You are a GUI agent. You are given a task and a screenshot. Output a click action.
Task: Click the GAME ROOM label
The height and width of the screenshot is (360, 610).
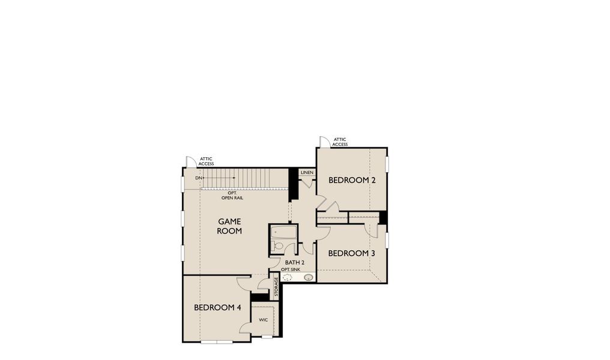[229, 226]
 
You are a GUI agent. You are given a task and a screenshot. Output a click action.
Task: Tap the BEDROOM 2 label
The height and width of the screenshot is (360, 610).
[352, 180]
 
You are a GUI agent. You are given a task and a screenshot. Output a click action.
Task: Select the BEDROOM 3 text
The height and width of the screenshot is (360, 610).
[351, 253]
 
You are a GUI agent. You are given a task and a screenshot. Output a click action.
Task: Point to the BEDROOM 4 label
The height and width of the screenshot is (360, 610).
[217, 307]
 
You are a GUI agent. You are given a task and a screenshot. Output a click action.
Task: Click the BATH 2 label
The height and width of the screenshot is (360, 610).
[295, 263]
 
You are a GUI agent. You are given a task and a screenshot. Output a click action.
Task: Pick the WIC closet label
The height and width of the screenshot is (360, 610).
[263, 320]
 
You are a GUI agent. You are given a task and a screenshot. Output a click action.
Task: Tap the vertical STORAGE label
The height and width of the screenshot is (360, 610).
[276, 287]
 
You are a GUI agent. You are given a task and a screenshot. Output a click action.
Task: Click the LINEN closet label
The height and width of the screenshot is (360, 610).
[307, 172]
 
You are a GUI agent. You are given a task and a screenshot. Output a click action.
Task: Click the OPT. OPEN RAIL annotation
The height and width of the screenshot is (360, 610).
[231, 195]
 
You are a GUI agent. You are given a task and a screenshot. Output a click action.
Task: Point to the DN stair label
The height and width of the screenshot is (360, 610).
[198, 178]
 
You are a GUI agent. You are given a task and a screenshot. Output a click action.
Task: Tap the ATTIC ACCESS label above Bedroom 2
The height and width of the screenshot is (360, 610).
[340, 142]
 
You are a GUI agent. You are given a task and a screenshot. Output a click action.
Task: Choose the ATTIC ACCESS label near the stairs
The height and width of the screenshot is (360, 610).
[206, 161]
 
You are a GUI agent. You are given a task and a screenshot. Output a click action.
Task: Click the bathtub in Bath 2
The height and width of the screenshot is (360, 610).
[283, 232]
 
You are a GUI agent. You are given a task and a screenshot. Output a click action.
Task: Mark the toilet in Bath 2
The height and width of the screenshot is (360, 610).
[277, 246]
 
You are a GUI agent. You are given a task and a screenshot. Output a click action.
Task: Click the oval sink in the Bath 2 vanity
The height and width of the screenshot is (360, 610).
[308, 277]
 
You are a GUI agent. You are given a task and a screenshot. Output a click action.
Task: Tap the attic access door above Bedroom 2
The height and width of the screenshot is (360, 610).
[324, 142]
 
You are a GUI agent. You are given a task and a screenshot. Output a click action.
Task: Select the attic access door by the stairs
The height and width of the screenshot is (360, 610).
[190, 162]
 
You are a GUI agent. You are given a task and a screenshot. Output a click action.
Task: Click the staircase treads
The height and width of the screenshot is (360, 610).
[246, 178]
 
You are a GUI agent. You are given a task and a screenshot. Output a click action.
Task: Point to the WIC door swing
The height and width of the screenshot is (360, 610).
[246, 327]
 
